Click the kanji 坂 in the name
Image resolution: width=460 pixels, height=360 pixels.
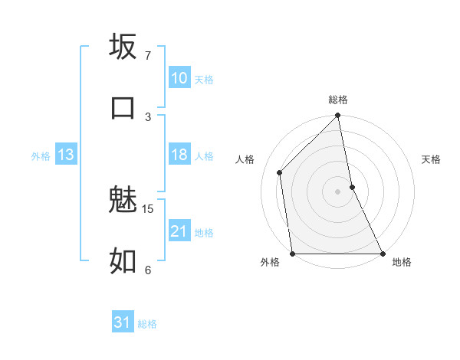click(123, 47)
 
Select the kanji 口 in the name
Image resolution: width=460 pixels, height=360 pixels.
click(123, 107)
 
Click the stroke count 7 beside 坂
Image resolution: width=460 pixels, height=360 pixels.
click(147, 56)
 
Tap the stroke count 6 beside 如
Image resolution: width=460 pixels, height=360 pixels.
click(147, 270)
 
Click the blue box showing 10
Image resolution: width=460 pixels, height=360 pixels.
click(179, 78)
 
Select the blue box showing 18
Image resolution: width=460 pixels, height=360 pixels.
click(179, 155)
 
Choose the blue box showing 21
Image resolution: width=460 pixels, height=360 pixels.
click(179, 231)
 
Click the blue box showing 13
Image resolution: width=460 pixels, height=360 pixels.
click(66, 155)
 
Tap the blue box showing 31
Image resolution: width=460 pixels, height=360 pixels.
click(123, 323)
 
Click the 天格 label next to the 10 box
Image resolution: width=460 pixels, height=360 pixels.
click(204, 79)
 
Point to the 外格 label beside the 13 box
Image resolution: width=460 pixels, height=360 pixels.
click(41, 156)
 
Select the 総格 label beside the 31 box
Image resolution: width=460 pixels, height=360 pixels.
click(147, 324)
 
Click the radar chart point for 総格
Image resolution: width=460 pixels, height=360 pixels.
click(337, 116)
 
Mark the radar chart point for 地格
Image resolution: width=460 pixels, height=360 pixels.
click(382, 254)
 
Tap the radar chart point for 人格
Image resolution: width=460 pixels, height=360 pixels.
click(280, 172)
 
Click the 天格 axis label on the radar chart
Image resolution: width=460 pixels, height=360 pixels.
click(432, 159)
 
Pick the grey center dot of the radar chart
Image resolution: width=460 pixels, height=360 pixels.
click(337, 191)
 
